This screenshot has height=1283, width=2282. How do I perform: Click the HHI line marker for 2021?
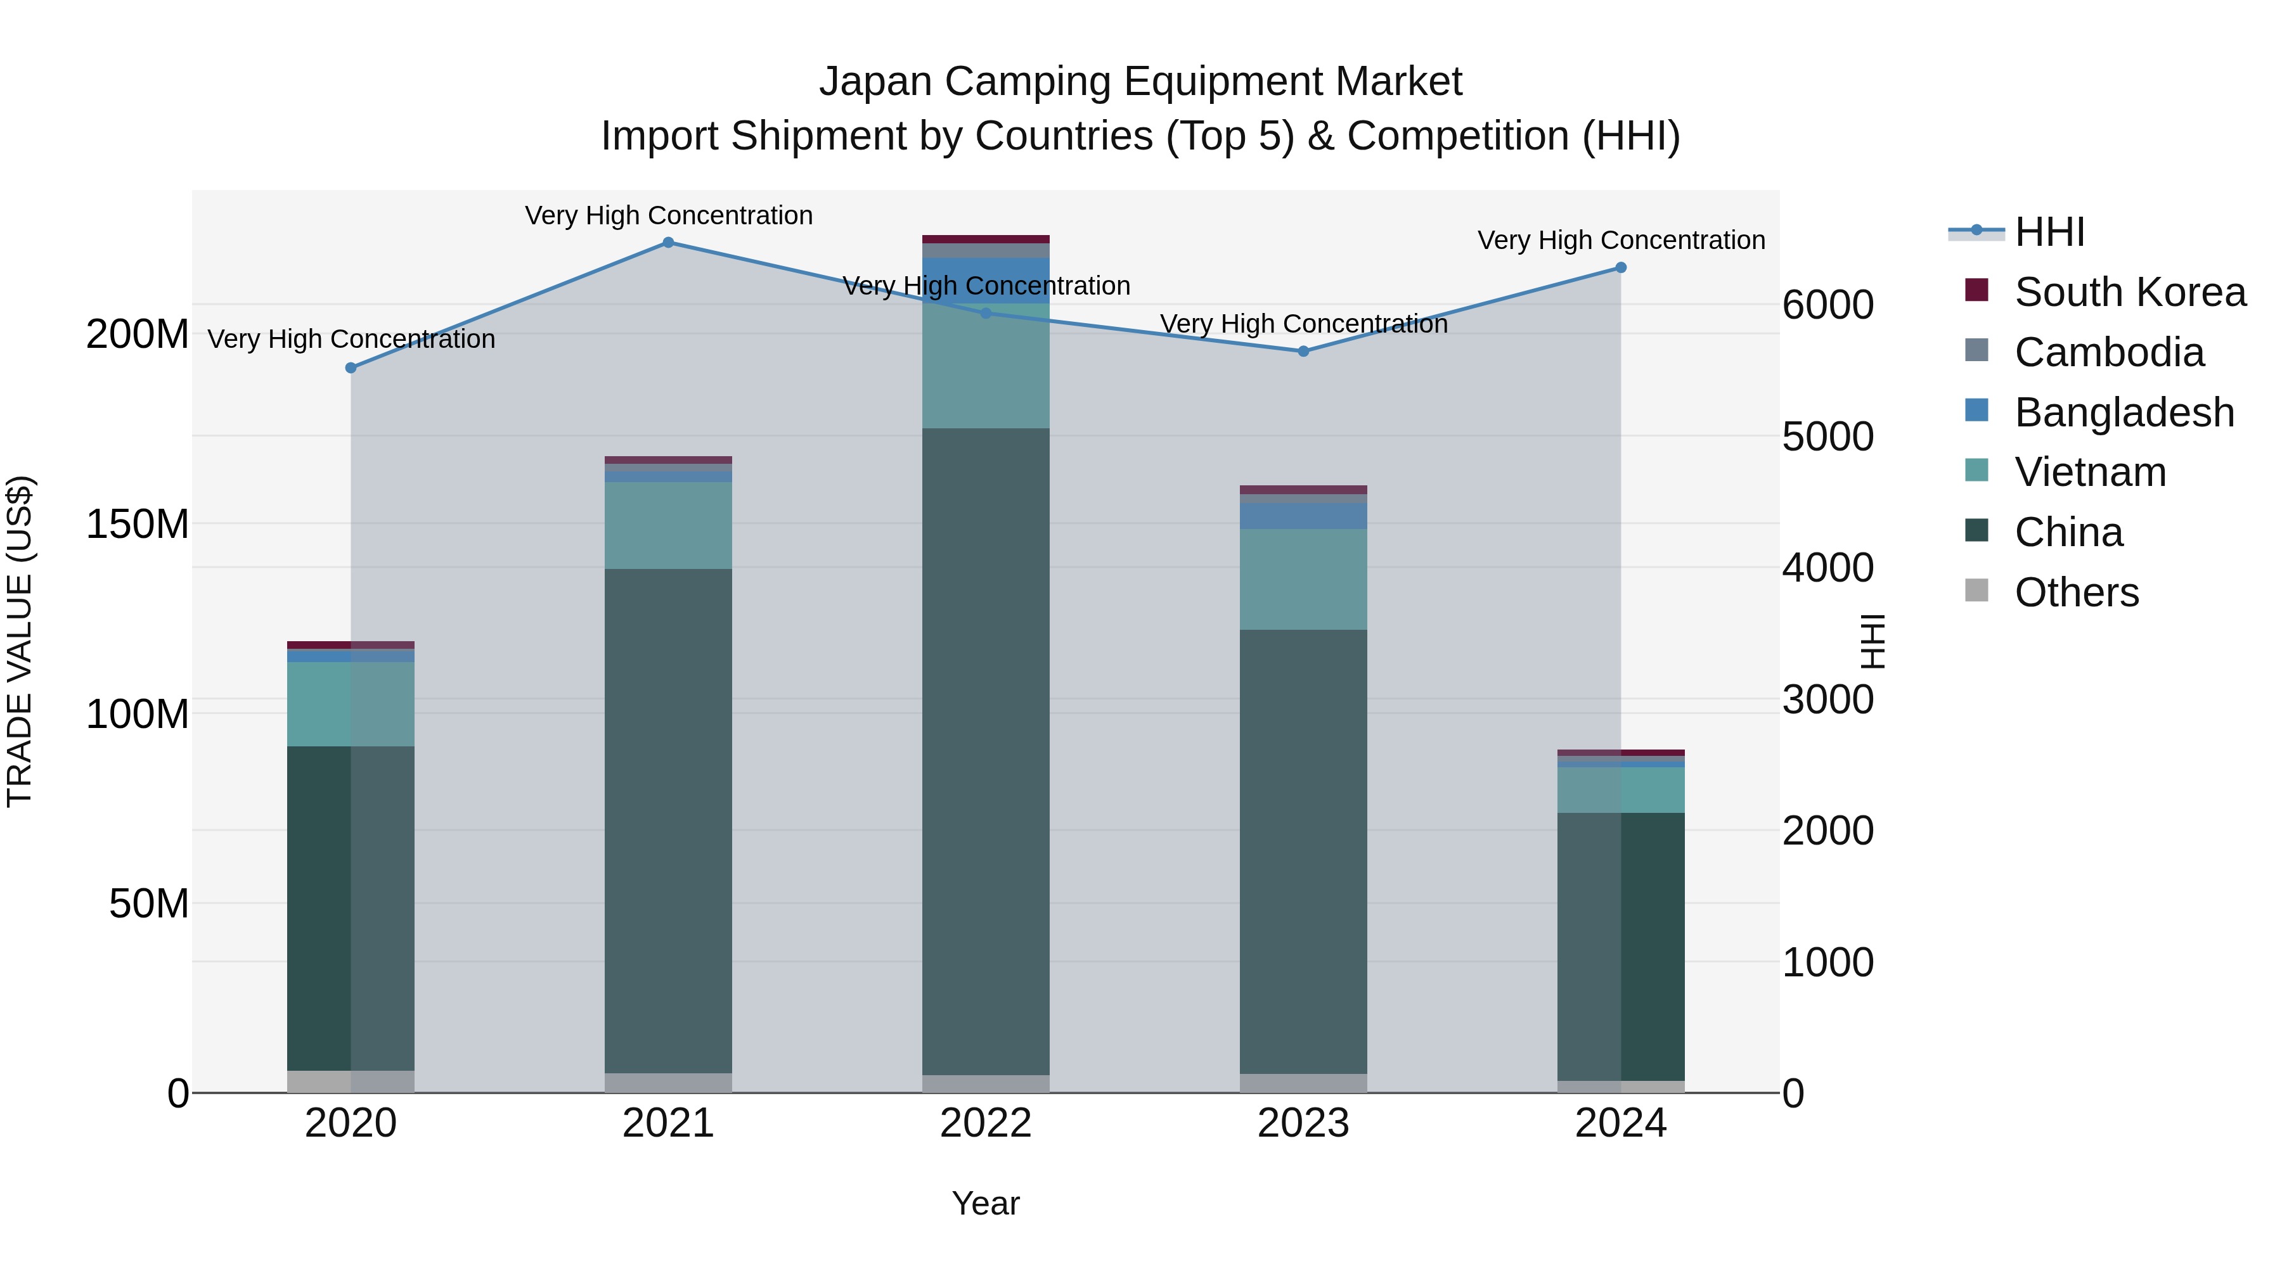(668, 243)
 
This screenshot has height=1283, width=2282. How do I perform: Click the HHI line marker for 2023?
(1303, 352)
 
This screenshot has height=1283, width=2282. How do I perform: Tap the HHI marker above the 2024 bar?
(1620, 267)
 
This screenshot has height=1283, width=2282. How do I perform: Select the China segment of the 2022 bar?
(985, 753)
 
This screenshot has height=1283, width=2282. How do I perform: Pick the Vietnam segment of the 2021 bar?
(668, 525)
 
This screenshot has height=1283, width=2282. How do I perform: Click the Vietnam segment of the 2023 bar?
(1303, 579)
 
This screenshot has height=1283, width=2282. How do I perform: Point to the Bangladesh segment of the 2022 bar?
(985, 280)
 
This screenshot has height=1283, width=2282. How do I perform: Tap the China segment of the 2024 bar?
(1620, 947)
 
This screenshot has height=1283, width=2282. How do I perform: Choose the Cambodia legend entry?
(2108, 352)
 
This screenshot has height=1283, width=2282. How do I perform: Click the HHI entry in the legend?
(2048, 232)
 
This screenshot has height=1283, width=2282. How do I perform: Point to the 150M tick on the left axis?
(138, 524)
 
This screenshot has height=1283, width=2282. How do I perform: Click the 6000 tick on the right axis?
(1828, 305)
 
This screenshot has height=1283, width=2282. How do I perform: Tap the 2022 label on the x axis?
(985, 1123)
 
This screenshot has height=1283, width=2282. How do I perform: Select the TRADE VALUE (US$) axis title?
(20, 641)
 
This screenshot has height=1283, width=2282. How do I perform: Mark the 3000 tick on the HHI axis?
(1828, 699)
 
